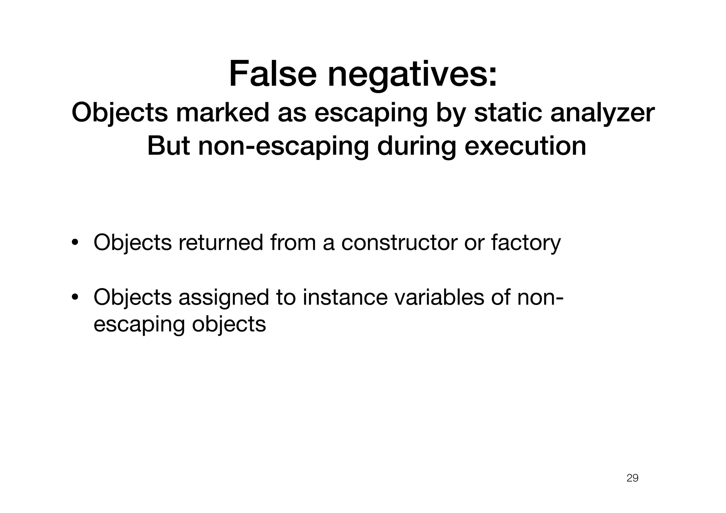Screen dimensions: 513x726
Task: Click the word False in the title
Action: (x=272, y=74)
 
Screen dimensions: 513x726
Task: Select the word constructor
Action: (x=399, y=242)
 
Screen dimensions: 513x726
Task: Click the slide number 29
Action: (x=632, y=478)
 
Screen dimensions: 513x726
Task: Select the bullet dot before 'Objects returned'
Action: (x=75, y=243)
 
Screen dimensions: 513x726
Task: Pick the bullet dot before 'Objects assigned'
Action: (x=75, y=298)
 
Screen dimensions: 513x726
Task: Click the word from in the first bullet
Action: (x=292, y=242)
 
